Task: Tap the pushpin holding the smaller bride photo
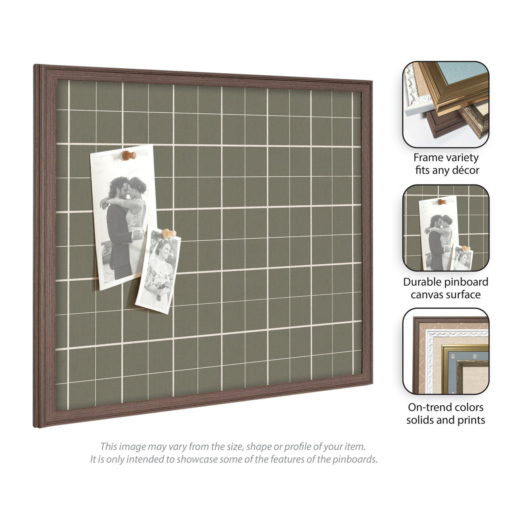coord(169,233)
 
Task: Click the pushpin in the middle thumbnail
coord(442,202)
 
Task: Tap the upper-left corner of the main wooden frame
coord(34,65)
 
